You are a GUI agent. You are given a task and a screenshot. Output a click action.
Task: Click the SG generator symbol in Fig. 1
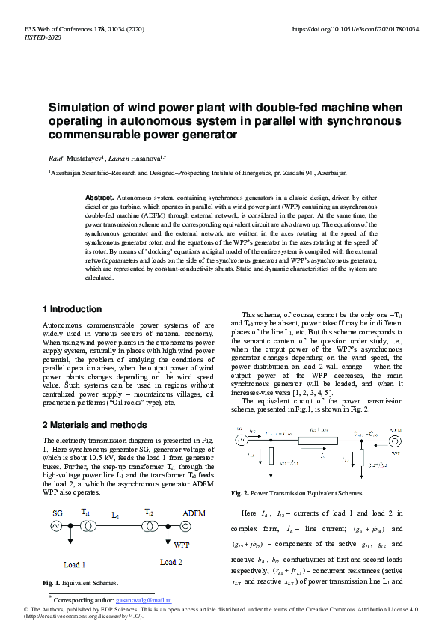pyautogui.click(x=56, y=525)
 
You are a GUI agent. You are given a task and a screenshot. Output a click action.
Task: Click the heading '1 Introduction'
pyautogui.click(x=72, y=309)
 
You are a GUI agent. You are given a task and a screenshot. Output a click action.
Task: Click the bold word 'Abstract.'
pyautogui.click(x=99, y=195)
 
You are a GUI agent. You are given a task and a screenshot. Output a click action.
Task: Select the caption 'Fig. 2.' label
pyautogui.click(x=242, y=493)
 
